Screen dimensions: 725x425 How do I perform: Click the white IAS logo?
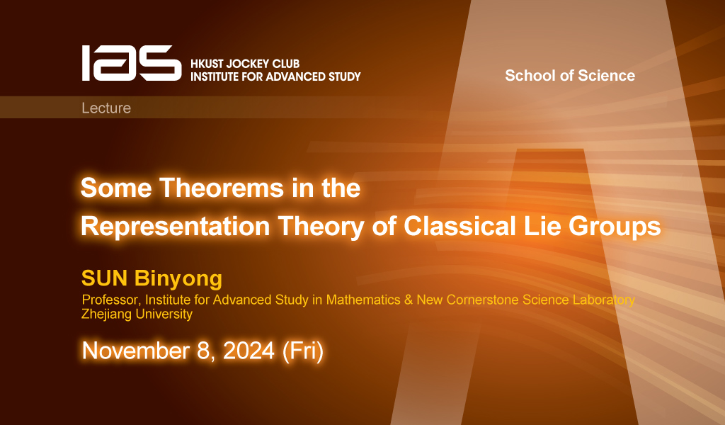[132, 63]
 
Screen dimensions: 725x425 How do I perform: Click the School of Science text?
[570, 75]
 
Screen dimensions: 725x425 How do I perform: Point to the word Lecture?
[106, 108]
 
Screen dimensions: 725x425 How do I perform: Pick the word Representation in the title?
[175, 227]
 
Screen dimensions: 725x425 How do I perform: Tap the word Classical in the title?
[459, 226]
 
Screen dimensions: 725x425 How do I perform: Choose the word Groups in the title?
[615, 227]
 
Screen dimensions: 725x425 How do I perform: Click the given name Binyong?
[178, 279]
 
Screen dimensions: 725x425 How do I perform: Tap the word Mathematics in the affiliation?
[363, 300]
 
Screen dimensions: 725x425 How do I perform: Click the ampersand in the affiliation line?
[409, 300]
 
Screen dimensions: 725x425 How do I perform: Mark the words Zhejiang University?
[137, 314]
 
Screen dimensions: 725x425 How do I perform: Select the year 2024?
[249, 351]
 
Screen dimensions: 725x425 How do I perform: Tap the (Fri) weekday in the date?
[303, 351]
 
